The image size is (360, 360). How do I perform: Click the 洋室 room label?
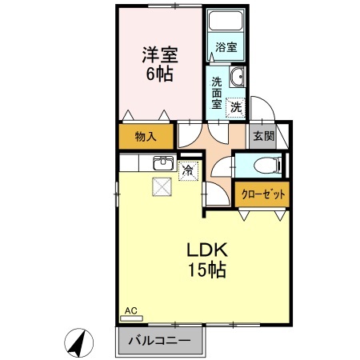[x=160, y=55]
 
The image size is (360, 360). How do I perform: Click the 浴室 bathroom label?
[x=226, y=47]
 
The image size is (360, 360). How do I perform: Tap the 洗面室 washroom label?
[x=217, y=92]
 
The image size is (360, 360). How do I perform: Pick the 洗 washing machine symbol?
[x=236, y=106]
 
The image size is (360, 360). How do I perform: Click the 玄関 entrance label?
[x=263, y=135]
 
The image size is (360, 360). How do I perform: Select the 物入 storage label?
[x=145, y=137]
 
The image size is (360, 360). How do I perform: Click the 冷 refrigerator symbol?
[x=187, y=170]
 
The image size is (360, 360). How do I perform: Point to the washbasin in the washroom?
[x=237, y=78]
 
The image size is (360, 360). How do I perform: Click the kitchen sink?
[x=163, y=162]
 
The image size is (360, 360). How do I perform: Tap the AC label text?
[x=130, y=310]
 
